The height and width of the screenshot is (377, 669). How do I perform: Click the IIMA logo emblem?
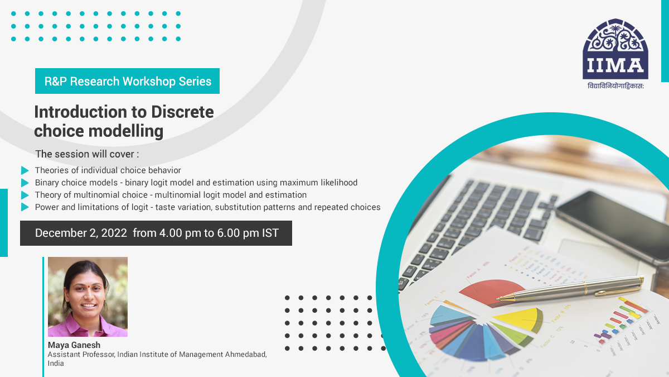pos(615,49)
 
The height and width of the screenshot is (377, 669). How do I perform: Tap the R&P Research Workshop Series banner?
pos(128,81)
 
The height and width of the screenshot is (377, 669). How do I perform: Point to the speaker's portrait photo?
pos(88,297)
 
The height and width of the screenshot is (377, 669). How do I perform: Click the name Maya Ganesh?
pos(74,345)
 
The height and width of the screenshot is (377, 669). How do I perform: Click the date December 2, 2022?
pos(81,233)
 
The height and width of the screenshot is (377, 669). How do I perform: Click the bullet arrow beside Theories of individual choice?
pos(25,170)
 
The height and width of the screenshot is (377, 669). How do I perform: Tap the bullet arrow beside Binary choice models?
pos(25,183)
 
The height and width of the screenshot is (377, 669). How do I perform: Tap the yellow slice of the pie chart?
pos(518,318)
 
